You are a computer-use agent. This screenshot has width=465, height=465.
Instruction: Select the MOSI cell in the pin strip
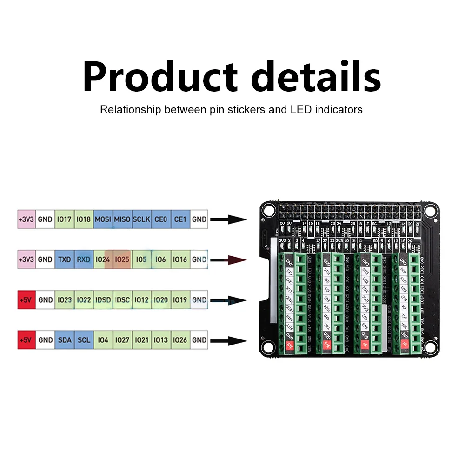tap(103, 219)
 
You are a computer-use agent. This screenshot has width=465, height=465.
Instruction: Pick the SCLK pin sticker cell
tap(141, 219)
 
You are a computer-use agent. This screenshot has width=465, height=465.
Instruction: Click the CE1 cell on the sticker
tap(180, 219)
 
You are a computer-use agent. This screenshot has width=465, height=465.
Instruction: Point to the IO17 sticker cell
tap(64, 219)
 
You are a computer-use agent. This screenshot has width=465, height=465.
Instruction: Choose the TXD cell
tap(64, 259)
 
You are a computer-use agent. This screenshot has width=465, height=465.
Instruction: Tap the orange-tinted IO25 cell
tap(122, 259)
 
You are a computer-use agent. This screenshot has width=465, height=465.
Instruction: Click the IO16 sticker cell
tap(180, 259)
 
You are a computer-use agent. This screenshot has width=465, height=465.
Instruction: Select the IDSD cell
tap(103, 300)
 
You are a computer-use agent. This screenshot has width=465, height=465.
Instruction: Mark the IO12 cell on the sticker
tap(141, 300)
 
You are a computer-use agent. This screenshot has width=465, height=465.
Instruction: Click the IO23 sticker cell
tap(64, 300)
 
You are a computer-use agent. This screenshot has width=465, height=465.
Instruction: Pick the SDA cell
tap(64, 340)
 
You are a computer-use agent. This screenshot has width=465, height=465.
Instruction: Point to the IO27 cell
tap(122, 340)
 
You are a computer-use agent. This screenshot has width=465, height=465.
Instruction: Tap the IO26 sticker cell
tap(180, 340)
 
